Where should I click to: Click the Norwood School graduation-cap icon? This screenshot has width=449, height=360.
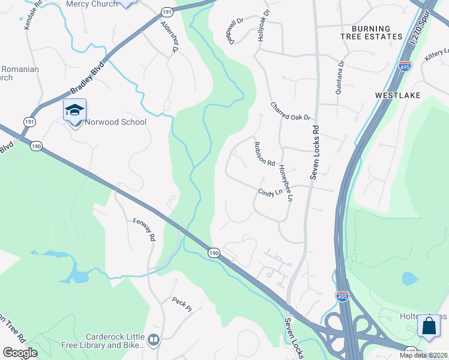tap(74, 110)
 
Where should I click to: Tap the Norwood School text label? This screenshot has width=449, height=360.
tap(115, 122)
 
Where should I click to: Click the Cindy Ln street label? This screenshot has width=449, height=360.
tap(270, 193)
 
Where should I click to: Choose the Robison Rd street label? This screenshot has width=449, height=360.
tap(264, 154)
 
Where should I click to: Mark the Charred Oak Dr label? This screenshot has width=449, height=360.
tap(293, 112)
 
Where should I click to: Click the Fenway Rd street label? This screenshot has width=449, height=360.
tap(144, 229)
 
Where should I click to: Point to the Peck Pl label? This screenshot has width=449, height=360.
tap(181, 304)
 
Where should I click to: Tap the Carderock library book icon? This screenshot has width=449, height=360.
tap(154, 340)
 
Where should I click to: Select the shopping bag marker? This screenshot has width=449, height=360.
tap(429, 326)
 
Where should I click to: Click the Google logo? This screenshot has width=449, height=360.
tap(20, 353)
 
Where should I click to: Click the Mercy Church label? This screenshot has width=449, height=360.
tap(92, 4)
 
